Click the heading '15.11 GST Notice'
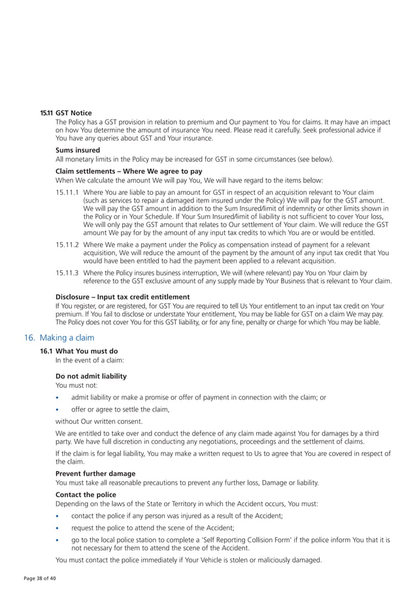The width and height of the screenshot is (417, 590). pyautogui.click(x=66, y=113)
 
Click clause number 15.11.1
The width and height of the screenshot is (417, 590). pyautogui.click(x=67, y=192)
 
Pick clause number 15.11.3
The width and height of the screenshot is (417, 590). pyautogui.click(x=67, y=272)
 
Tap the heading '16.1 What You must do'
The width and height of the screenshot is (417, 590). pyautogui.click(x=79, y=351)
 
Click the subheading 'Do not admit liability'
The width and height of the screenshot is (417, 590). pyautogui.click(x=91, y=376)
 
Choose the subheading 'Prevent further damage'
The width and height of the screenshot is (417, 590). pyautogui.click(x=95, y=474)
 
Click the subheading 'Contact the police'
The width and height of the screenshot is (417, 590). pyautogui.click(x=86, y=495)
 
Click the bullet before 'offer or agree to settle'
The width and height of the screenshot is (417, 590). pyautogui.click(x=59, y=409)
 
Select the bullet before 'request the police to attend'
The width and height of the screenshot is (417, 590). pyautogui.click(x=59, y=528)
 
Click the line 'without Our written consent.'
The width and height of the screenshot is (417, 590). pyautogui.click(x=99, y=421)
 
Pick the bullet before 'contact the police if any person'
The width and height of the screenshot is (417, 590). pyautogui.click(x=59, y=516)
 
